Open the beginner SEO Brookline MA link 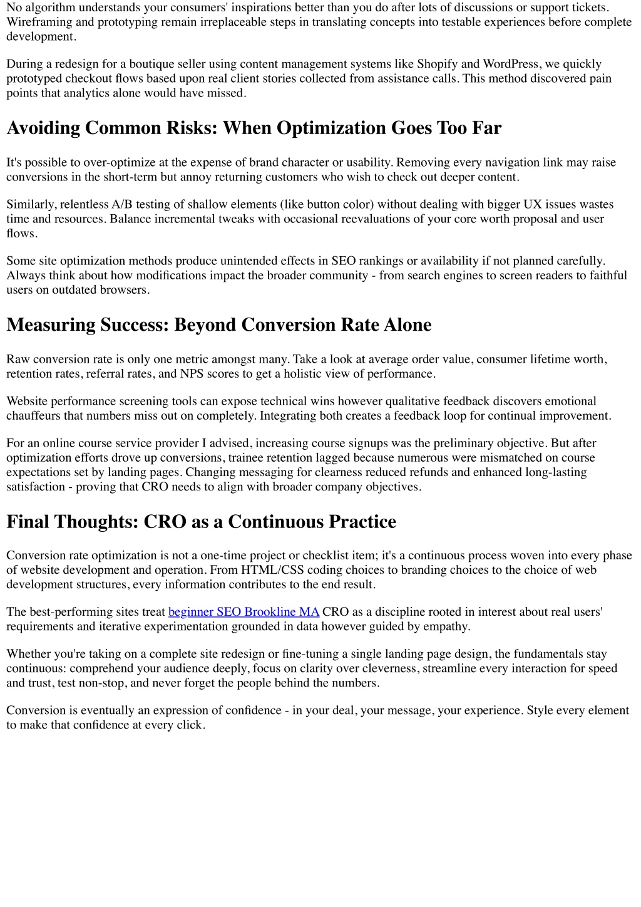(x=244, y=612)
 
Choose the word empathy (x=448, y=626)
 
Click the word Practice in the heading (x=362, y=522)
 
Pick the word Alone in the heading (x=408, y=325)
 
